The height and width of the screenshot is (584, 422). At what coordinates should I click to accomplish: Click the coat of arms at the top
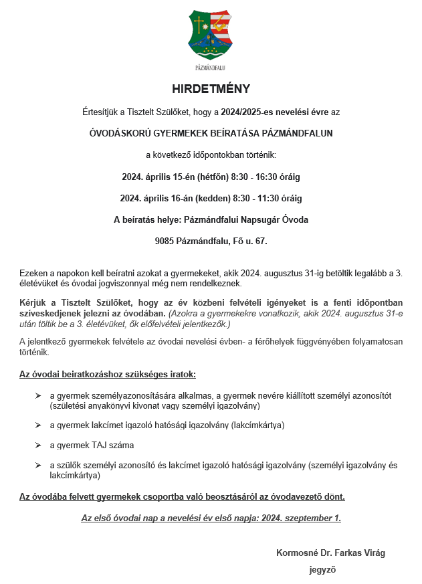[211, 35]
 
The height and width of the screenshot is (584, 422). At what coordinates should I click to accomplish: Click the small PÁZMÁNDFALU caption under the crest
[211, 68]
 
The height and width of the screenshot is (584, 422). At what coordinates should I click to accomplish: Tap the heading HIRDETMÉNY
[211, 89]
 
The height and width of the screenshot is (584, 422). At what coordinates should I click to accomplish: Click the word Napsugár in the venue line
[256, 219]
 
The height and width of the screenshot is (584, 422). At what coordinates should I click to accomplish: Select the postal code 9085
[165, 241]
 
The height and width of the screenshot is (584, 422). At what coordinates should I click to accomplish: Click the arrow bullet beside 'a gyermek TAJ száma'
[38, 445]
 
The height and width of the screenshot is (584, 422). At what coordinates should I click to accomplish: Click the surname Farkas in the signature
[348, 553]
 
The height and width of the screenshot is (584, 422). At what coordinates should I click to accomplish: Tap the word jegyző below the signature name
[322, 571]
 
